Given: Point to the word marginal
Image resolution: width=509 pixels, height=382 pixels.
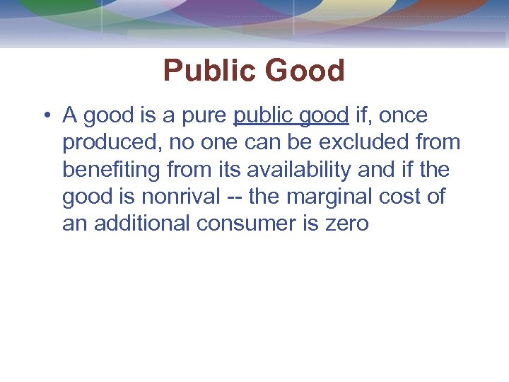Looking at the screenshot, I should coord(341,197).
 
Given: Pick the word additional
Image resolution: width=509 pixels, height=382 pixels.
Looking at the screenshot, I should coord(142,224).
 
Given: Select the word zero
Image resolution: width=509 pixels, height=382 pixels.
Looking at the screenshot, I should coord(346,224).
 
